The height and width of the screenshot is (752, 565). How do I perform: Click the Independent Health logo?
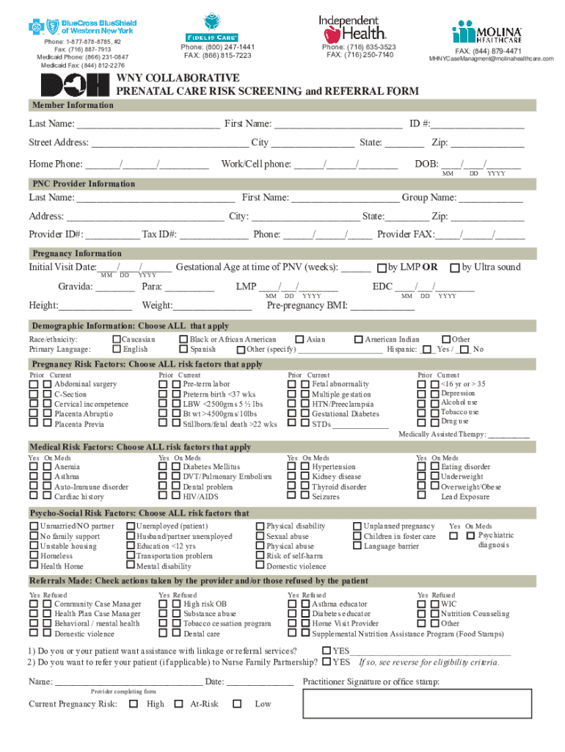coord(349,28)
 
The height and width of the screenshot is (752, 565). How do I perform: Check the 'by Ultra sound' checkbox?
coord(455,267)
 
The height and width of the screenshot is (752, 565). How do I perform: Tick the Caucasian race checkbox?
coord(116,339)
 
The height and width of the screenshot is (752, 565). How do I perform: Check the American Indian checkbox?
coord(358,339)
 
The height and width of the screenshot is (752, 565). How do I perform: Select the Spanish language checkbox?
coord(183,350)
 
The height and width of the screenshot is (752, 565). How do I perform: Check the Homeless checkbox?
coord(34,557)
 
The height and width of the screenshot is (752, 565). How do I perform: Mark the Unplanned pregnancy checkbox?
coord(357,527)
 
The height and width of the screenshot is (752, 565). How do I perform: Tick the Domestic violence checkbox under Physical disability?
coord(260,566)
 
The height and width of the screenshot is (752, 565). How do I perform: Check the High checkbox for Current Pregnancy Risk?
coord(133,704)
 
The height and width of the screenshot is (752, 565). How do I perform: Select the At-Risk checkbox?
coord(178,704)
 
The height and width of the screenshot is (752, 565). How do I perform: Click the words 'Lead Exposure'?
coord(465,497)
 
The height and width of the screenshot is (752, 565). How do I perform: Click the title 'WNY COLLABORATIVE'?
coord(178,78)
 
